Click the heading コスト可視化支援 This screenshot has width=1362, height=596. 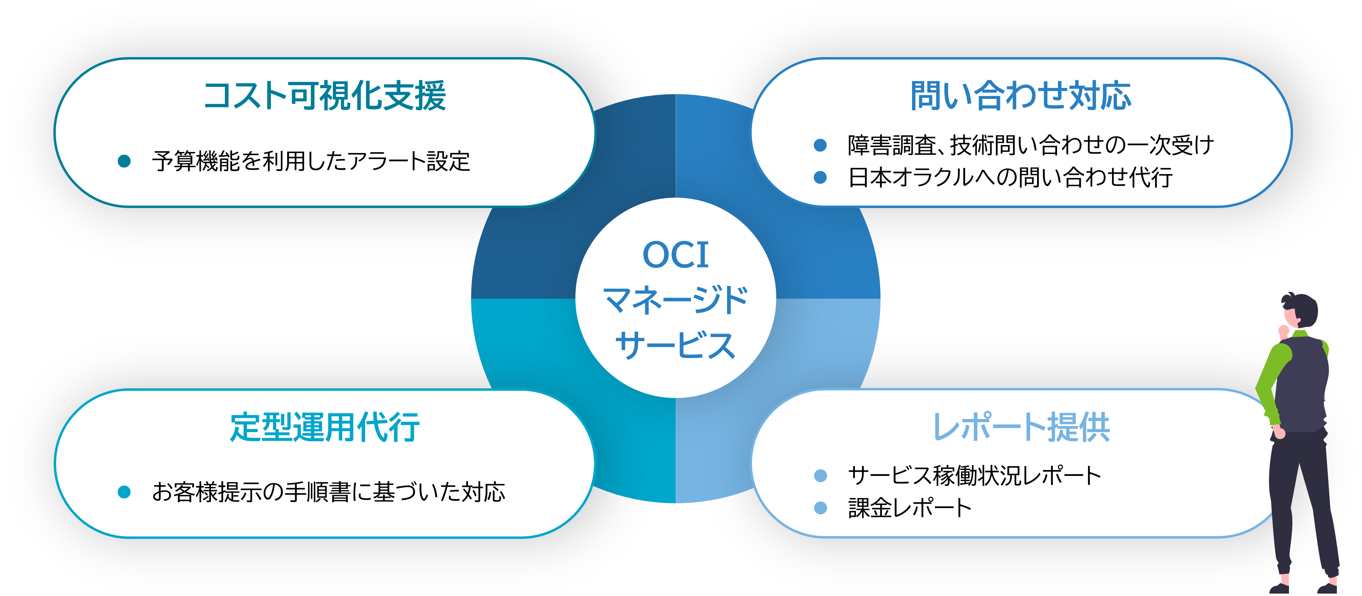tap(325, 96)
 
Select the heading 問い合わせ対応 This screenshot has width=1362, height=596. tap(1020, 96)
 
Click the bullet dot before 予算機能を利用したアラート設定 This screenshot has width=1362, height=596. tap(124, 161)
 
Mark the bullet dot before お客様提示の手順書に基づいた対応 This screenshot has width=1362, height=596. tap(124, 492)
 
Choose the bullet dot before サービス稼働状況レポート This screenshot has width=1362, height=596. tap(820, 476)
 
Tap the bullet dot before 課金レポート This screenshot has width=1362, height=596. tap(820, 508)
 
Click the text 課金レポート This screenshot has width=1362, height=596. tap(909, 508)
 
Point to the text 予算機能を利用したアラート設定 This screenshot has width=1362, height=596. tap(311, 161)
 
